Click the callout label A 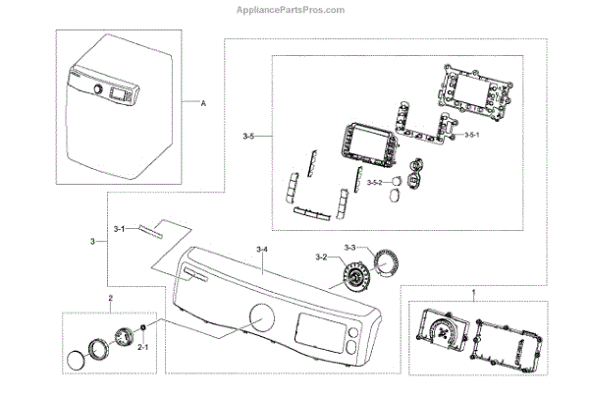point(203,104)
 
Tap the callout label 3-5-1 point(471,135)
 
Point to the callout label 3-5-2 point(375,183)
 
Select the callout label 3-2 point(320,257)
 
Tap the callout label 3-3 point(350,247)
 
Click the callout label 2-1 point(142,347)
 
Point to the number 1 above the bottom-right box point(474,292)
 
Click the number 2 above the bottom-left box point(111,297)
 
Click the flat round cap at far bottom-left point(75,362)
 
